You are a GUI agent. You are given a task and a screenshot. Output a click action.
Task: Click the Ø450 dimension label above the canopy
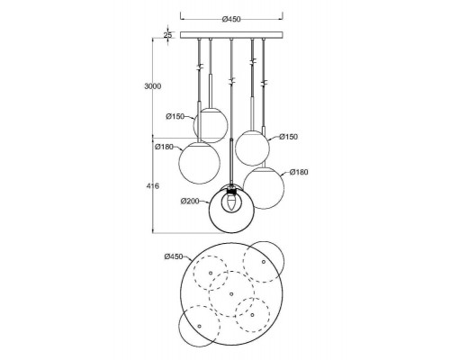(x=231, y=19)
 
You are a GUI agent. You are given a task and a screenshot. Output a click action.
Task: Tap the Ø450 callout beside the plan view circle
(x=174, y=256)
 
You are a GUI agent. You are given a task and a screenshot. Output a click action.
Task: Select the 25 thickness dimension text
(x=167, y=35)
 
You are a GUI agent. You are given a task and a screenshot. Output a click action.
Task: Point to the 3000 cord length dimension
(x=153, y=86)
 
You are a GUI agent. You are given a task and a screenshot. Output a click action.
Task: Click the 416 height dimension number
(x=153, y=186)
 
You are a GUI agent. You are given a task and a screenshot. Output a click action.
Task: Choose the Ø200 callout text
(x=190, y=201)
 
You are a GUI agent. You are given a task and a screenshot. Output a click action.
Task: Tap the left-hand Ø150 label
(x=175, y=116)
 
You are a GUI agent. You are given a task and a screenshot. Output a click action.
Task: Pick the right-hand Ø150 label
(x=289, y=137)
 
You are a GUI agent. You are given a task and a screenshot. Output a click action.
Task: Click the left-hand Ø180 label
(x=165, y=147)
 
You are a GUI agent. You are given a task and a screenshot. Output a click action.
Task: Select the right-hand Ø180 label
(x=299, y=172)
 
